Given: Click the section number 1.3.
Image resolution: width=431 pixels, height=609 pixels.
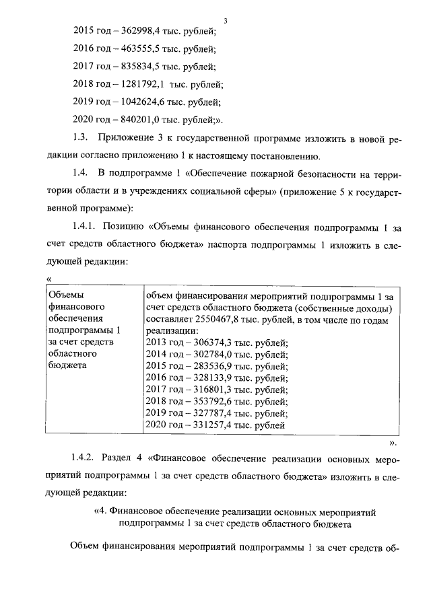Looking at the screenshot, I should click(80, 139).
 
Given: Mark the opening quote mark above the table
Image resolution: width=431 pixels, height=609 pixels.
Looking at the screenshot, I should click(48, 278).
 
